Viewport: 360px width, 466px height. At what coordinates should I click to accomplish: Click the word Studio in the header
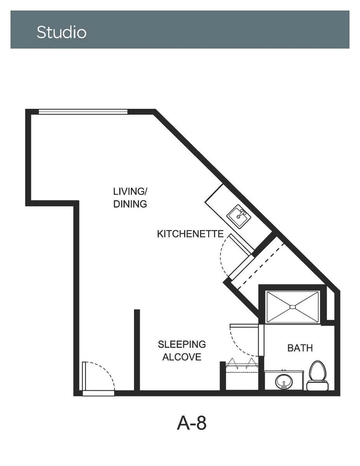pos(61,32)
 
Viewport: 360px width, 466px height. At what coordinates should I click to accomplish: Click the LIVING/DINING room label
pos(130,198)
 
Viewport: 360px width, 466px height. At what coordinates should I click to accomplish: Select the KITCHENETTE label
pos(190,234)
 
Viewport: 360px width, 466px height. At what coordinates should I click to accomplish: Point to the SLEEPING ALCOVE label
pos(182,351)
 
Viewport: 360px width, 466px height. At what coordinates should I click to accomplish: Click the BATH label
pos(300,348)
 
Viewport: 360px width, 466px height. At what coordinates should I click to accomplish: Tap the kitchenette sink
pos(239,216)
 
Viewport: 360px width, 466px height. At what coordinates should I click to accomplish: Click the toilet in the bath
pos(318,375)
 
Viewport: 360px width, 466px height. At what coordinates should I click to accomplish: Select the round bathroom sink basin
pos(284,382)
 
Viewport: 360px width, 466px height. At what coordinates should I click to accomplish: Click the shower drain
pos(293,307)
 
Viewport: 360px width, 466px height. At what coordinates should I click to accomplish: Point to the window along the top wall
pos(83,112)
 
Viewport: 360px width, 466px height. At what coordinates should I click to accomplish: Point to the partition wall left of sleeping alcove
pos(137,350)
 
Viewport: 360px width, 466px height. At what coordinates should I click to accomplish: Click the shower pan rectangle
pos(293,307)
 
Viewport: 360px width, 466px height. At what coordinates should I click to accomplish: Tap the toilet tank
pos(318,386)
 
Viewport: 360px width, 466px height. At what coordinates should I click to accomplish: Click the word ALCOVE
pos(182,357)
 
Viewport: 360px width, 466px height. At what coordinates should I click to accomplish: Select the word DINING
pos(130,204)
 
